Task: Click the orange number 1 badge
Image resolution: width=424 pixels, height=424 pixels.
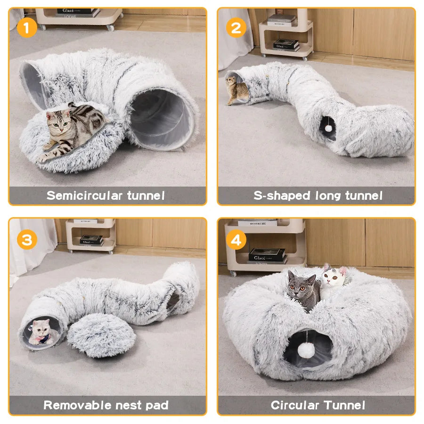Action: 27,28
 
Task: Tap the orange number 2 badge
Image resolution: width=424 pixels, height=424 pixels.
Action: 236,28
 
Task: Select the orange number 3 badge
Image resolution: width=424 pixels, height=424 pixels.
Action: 27,240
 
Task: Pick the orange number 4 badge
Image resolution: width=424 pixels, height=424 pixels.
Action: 236,240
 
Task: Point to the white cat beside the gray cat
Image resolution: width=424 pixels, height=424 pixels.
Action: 333,280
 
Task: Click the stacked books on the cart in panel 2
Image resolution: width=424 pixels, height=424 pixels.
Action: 285,45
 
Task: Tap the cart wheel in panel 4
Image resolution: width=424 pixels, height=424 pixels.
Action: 232,273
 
